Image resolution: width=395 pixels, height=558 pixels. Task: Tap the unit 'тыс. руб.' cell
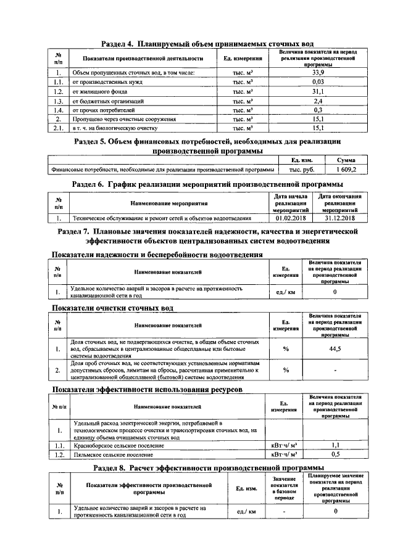pyautogui.click(x=299, y=168)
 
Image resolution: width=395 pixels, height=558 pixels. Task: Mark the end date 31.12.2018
pyautogui.click(x=338, y=218)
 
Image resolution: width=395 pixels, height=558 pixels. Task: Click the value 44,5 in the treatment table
pyautogui.click(x=335, y=349)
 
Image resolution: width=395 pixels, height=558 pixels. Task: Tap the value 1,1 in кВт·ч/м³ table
pyautogui.click(x=335, y=445)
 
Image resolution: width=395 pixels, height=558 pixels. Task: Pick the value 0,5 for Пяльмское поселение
pyautogui.click(x=335, y=454)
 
